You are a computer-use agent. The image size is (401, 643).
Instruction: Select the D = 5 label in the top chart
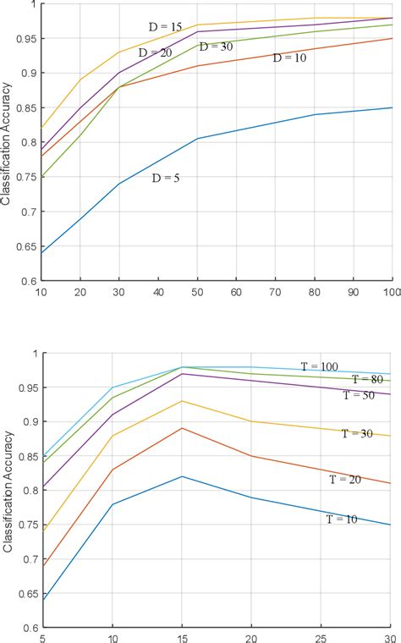tap(168, 179)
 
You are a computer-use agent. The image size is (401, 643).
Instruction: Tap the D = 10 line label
tap(290, 58)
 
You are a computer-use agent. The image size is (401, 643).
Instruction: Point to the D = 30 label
tap(217, 47)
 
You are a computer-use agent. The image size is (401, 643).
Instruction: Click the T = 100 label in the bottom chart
tap(320, 366)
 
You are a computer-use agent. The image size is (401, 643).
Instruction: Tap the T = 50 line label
tap(360, 395)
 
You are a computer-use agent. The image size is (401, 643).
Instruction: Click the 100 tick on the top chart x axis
tap(391, 293)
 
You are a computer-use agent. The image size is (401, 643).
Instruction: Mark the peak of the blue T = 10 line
tap(184, 476)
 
